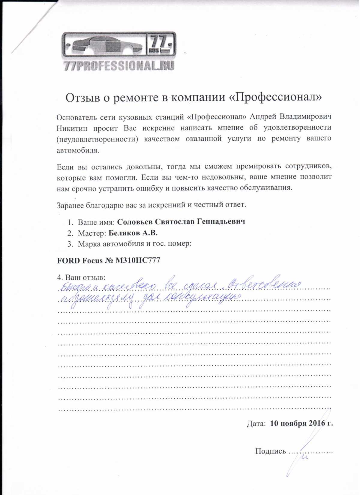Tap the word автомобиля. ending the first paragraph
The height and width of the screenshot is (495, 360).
[78, 150]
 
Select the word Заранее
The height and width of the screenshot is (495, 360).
[70, 205]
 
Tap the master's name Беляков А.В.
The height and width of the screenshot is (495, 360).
[133, 233]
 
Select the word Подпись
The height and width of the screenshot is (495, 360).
[271, 451]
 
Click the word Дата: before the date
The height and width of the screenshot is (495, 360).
[256, 424]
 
